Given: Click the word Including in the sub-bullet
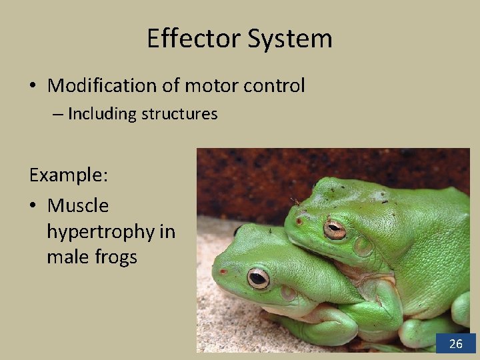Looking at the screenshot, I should (102, 114).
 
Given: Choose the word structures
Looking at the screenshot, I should (179, 114).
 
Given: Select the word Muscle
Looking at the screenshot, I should (78, 205).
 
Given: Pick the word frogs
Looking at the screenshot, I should (115, 257).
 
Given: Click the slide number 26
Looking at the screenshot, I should (456, 344).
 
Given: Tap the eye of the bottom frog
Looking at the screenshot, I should (258, 277).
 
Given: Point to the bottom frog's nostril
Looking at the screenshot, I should (223, 272).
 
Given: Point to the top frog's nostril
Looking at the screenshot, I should (299, 221).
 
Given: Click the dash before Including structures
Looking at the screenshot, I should (58, 115).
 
